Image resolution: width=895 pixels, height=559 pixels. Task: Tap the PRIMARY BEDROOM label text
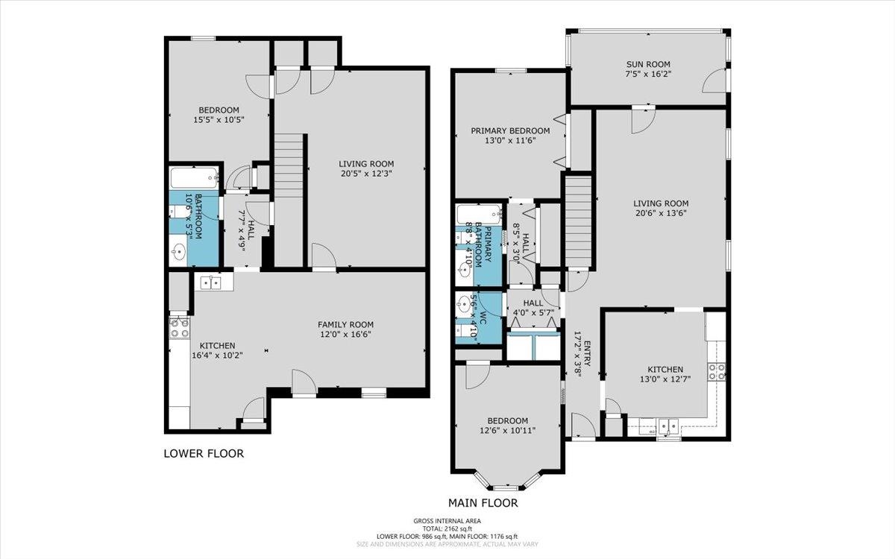[x=510, y=130]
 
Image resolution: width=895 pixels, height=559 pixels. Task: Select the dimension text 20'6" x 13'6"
[x=661, y=213]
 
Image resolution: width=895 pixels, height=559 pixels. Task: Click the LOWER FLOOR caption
[x=204, y=454]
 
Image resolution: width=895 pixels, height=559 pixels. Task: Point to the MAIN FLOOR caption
[x=483, y=503]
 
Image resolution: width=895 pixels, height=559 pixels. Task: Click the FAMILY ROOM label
[x=345, y=325]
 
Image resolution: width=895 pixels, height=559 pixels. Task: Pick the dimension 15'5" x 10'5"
[x=219, y=119]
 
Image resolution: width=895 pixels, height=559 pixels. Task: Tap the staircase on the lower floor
[x=289, y=200]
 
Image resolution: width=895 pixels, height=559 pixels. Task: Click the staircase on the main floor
[x=578, y=221]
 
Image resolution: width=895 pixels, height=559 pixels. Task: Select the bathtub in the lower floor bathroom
[x=194, y=178]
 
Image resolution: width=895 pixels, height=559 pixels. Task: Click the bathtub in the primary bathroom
[x=479, y=215]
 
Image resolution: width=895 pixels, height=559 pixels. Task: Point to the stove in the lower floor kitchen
[x=180, y=327]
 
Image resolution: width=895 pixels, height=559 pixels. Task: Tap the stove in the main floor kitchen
[x=717, y=371]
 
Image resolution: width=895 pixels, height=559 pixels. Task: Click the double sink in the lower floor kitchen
[x=210, y=282]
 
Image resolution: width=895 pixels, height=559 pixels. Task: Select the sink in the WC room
[x=464, y=304]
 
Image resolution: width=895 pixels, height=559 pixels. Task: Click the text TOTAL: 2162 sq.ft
[x=447, y=528]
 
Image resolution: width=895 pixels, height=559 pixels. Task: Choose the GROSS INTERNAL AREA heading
[x=447, y=521]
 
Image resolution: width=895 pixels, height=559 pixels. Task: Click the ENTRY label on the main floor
[x=587, y=354]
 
